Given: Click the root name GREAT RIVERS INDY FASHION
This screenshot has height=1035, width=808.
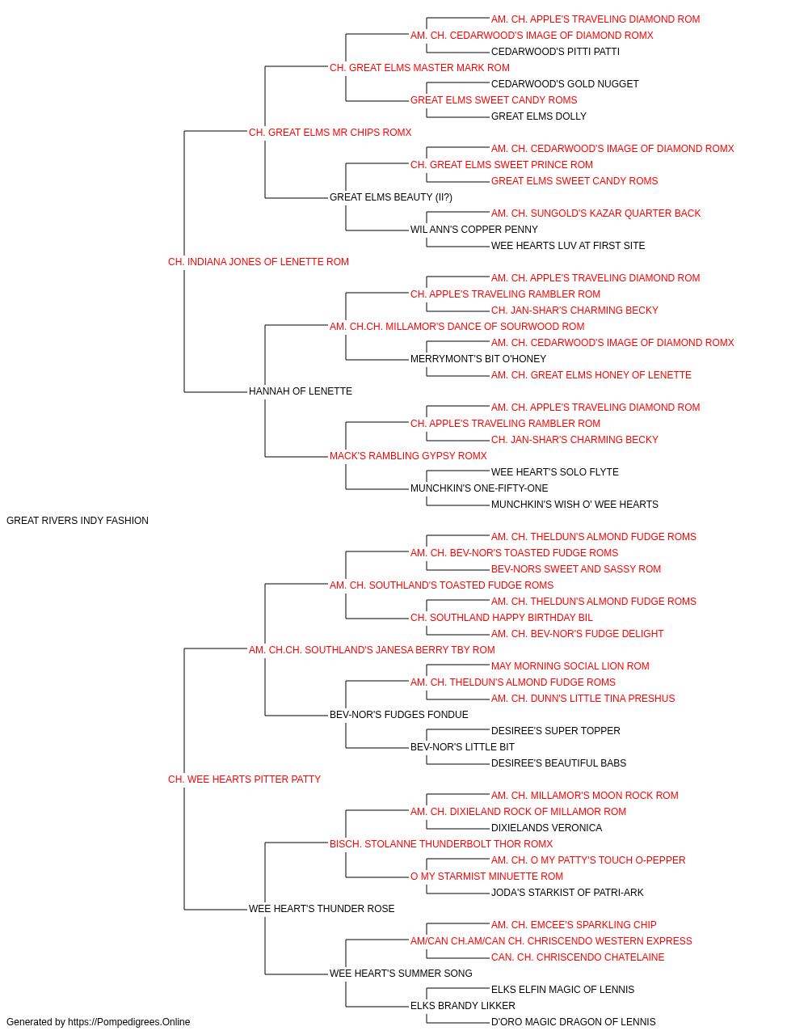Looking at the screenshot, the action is (78, 521).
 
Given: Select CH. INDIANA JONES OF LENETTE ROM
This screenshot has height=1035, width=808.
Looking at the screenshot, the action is (259, 262).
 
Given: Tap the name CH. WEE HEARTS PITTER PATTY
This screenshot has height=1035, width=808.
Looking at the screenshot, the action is (245, 779).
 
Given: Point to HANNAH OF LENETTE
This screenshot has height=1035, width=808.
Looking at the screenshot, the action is (301, 391).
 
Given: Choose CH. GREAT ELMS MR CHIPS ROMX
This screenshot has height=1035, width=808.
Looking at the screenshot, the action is (330, 133).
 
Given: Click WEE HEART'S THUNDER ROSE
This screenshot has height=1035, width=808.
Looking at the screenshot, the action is (322, 909).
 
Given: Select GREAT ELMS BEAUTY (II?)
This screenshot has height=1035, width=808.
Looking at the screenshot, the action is (391, 197).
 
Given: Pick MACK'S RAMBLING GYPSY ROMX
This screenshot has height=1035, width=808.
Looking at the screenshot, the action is (408, 456).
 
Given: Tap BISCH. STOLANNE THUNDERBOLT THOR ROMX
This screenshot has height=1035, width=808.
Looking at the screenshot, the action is (441, 844).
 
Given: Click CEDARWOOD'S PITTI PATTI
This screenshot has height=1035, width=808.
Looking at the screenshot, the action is (555, 52).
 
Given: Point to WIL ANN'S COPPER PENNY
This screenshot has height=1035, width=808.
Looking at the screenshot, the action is (474, 230).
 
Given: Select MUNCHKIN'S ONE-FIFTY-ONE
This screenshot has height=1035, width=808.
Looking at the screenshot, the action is (479, 488).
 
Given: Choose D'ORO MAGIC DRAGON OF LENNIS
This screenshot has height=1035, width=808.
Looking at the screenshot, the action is (574, 1022).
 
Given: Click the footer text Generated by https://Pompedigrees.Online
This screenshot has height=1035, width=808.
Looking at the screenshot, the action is (98, 1022).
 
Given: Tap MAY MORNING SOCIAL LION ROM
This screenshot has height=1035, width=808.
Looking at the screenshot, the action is (570, 665).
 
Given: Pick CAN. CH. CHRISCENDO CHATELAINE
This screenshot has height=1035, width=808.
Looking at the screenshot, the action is (578, 957).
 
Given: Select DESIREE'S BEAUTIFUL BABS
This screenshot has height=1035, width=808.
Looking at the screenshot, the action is (558, 763).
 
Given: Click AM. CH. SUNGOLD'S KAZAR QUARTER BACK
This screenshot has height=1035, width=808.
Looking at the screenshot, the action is (595, 213).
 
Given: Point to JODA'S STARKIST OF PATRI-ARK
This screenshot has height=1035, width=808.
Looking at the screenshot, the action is (567, 893).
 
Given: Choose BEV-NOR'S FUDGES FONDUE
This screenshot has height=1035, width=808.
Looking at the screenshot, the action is (399, 715).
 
